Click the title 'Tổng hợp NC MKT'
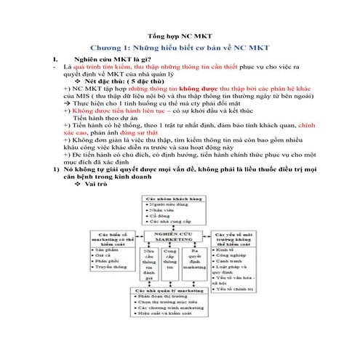point(180,34)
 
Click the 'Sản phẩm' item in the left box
point(108,249)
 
